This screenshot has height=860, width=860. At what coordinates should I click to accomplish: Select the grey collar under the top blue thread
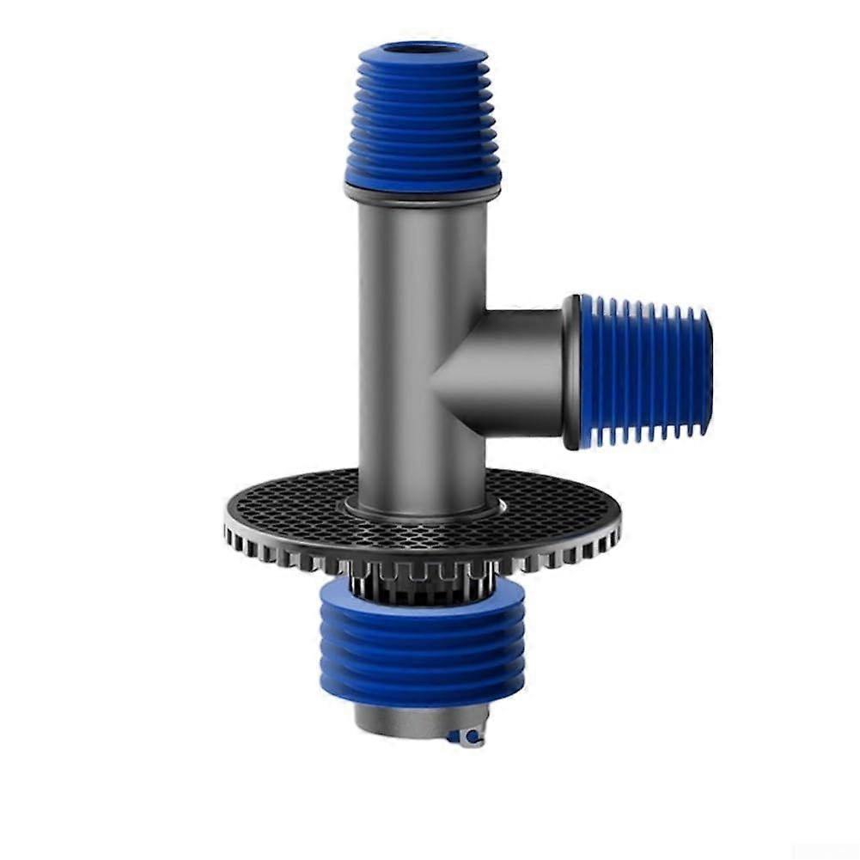pyautogui.click(x=421, y=196)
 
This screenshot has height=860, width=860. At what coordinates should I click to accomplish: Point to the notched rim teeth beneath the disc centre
pyautogui.click(x=421, y=571)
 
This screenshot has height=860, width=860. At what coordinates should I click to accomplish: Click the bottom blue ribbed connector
pyautogui.click(x=422, y=640)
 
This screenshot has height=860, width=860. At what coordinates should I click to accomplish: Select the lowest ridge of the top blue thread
pyautogui.click(x=423, y=180)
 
